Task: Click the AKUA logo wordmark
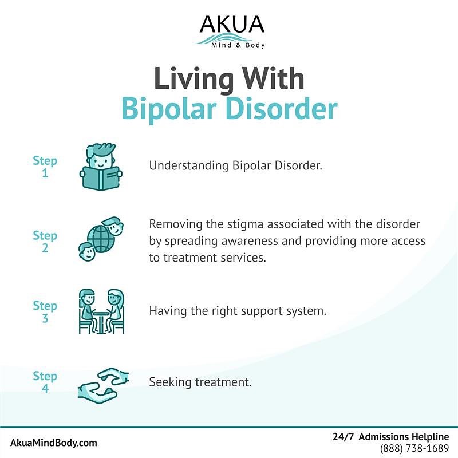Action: pyautogui.click(x=232, y=24)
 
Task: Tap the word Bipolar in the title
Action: pyautogui.click(x=169, y=109)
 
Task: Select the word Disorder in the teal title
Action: pyautogui.click(x=282, y=108)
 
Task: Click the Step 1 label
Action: pyautogui.click(x=45, y=167)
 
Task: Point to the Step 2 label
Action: pyautogui.click(x=45, y=242)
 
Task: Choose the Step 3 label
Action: pyautogui.click(x=45, y=311)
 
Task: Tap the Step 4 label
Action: pyautogui.click(x=45, y=382)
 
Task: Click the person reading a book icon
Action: pyautogui.click(x=101, y=166)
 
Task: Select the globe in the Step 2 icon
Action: pyautogui.click(x=101, y=239)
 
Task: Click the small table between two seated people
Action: pyautogui.click(x=101, y=322)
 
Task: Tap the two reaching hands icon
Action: pyautogui.click(x=103, y=385)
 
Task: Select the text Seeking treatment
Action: pyautogui.click(x=200, y=382)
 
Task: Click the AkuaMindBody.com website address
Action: pyautogui.click(x=53, y=443)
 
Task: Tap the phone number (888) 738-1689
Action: pyautogui.click(x=414, y=448)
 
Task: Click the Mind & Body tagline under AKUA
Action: pyautogui.click(x=238, y=45)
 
